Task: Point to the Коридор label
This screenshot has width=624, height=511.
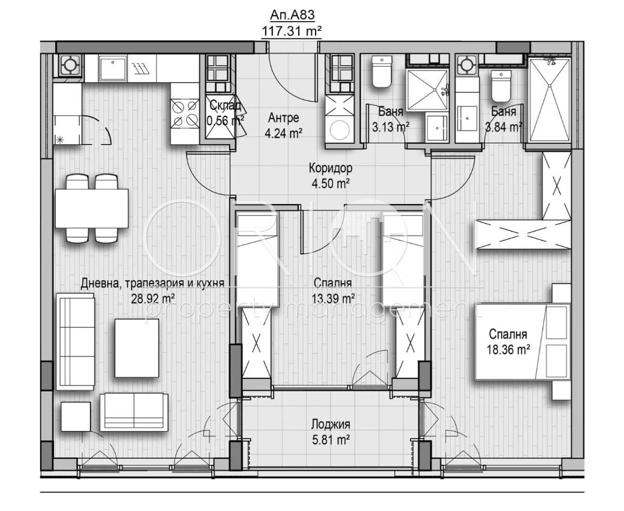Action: click(330, 169)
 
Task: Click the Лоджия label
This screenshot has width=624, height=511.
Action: click(330, 425)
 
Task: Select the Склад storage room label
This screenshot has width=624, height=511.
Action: click(225, 106)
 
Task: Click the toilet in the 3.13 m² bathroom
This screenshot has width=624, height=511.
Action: click(380, 73)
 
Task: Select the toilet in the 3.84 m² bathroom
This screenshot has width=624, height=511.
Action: click(500, 87)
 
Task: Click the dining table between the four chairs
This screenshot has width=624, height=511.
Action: click(92, 208)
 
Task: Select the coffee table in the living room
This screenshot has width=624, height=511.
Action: click(137, 348)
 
